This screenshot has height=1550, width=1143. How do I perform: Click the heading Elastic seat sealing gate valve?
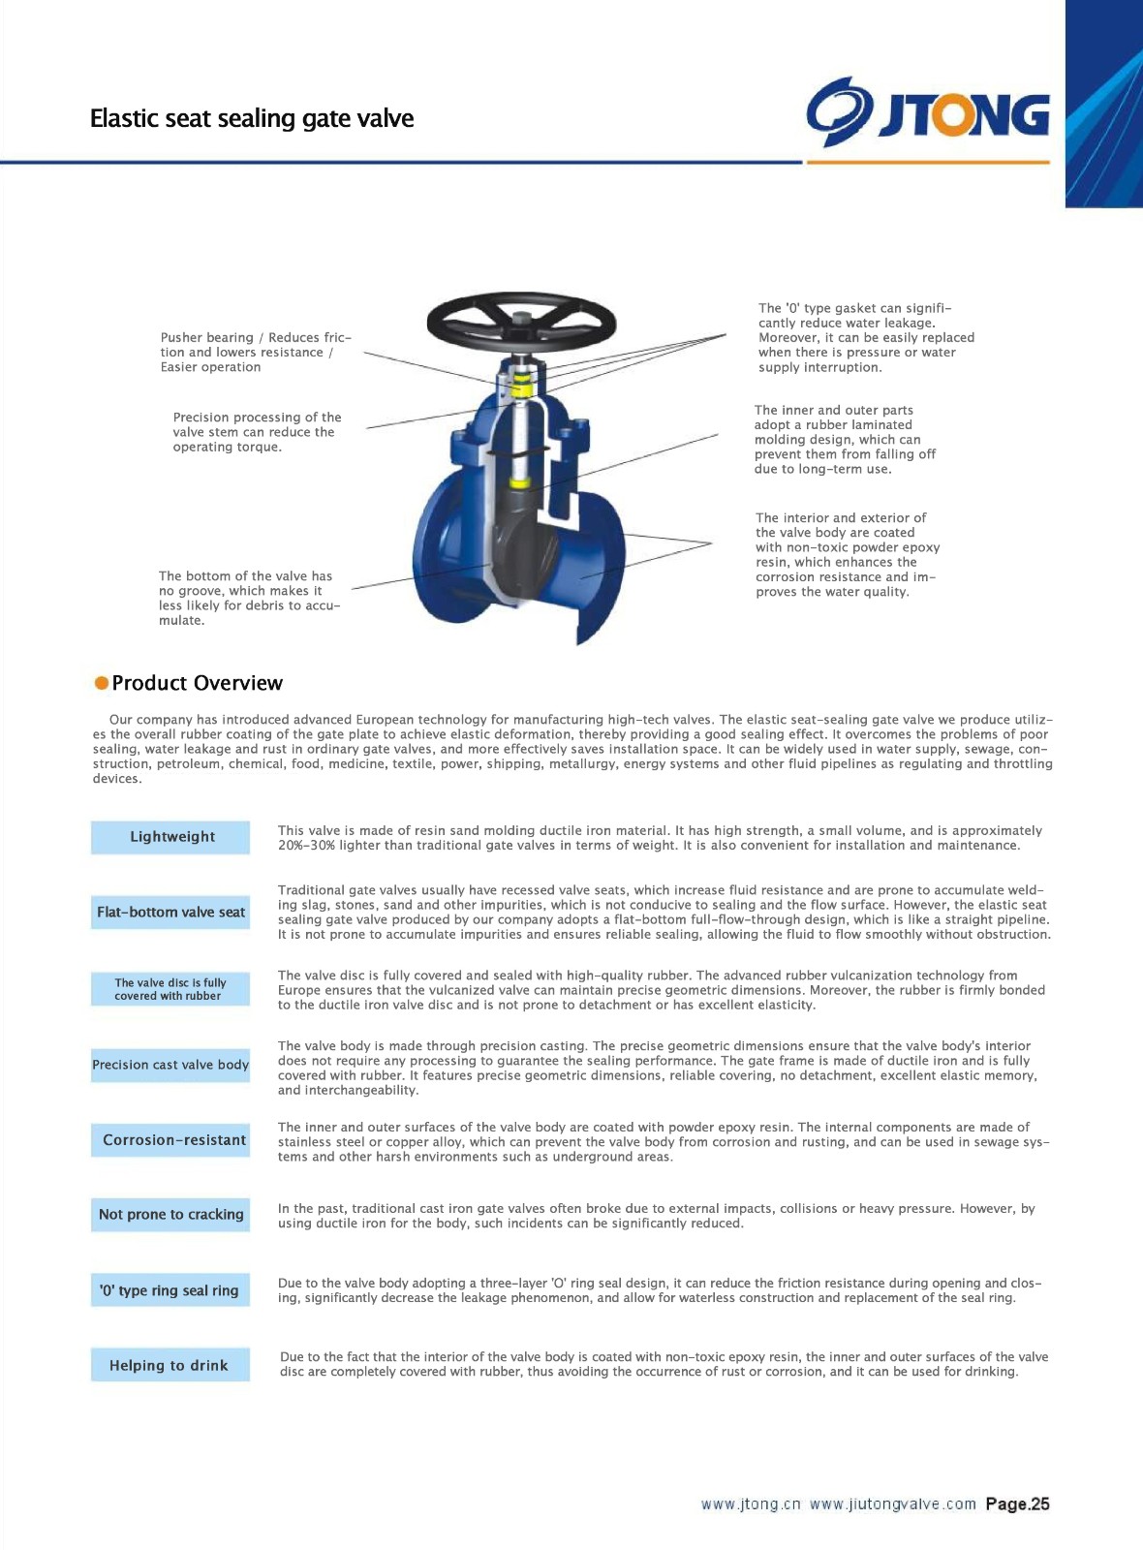252,118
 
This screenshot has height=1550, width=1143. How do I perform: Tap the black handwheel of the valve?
521,321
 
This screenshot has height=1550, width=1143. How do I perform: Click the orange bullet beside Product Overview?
101,683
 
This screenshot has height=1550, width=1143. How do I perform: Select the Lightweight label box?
170,837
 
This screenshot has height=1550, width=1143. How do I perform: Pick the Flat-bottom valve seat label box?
170,912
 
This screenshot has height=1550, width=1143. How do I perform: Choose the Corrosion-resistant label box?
170,1140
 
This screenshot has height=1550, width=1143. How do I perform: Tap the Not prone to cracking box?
170,1214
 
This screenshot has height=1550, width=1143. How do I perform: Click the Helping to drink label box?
170,1365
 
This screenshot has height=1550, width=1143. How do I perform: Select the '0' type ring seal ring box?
170,1290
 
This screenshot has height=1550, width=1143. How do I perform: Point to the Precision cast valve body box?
170,1065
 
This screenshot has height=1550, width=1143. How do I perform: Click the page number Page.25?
1017,1504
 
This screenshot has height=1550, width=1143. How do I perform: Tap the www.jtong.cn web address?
751,1504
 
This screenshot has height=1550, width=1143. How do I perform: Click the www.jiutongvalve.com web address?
892,1504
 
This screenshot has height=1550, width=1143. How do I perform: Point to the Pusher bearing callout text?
256,353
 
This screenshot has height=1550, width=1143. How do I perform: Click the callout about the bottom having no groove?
249,598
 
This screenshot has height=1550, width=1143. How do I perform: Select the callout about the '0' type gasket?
865,337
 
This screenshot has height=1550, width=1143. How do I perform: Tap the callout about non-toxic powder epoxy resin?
847,555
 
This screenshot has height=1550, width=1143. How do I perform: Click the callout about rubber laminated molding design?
845,440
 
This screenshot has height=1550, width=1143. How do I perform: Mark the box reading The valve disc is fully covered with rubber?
170,989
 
